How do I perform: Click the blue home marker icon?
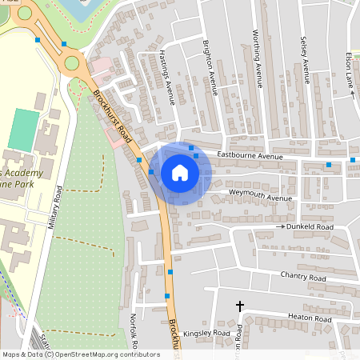[x=180, y=173]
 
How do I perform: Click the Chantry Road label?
[x=303, y=277]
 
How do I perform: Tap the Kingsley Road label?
[x=206, y=333]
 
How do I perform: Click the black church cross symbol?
[x=239, y=306]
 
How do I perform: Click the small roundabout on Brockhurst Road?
[x=72, y=62]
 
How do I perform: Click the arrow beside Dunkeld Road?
[x=281, y=227]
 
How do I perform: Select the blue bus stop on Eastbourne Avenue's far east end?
[x=352, y=160]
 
